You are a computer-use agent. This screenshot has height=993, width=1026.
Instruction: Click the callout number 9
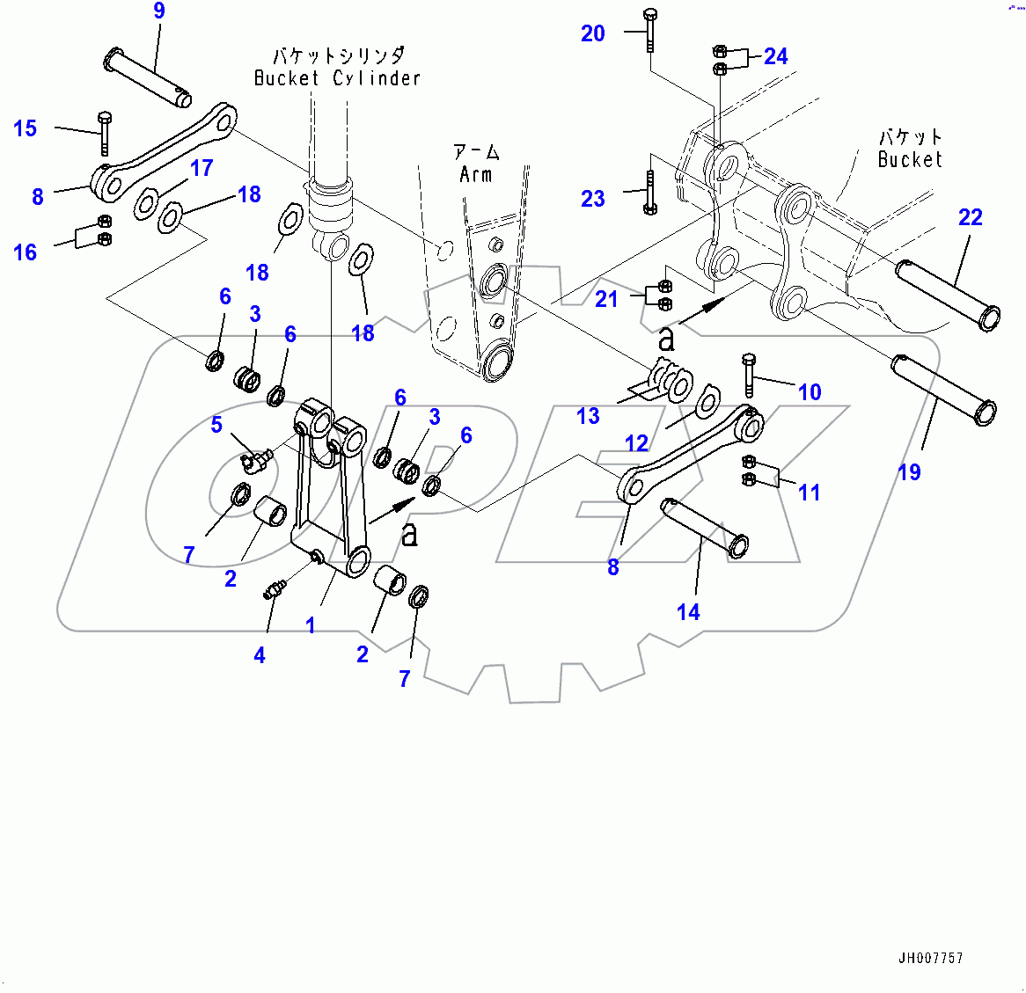pos(158,11)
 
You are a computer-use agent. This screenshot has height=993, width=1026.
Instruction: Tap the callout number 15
pos(26,128)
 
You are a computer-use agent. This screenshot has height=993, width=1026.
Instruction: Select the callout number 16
pos(26,253)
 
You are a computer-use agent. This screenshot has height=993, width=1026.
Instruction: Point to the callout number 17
pos(202,168)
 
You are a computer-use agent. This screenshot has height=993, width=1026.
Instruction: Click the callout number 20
pos(593,33)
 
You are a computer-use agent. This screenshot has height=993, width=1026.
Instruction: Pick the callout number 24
pos(775,56)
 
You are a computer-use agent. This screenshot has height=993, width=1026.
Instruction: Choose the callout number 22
pos(970,217)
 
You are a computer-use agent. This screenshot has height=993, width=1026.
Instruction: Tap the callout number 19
pos(909,472)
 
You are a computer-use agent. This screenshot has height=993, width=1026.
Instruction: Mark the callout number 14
pos(688,612)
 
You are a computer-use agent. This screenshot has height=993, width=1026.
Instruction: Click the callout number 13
pos(588,416)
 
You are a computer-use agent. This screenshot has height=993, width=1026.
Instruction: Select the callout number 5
pos(216,426)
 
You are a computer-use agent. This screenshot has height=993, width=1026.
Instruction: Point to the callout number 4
pos(260,655)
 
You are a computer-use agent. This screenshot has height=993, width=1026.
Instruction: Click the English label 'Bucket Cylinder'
pos(338,78)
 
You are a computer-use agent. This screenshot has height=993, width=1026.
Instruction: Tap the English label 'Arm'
pos(476,174)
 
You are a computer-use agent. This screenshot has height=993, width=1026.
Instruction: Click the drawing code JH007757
pos(930,958)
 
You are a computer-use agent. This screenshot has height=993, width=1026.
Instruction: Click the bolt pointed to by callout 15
pos(104,133)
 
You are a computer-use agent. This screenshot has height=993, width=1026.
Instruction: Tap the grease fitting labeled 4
pos(274,590)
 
